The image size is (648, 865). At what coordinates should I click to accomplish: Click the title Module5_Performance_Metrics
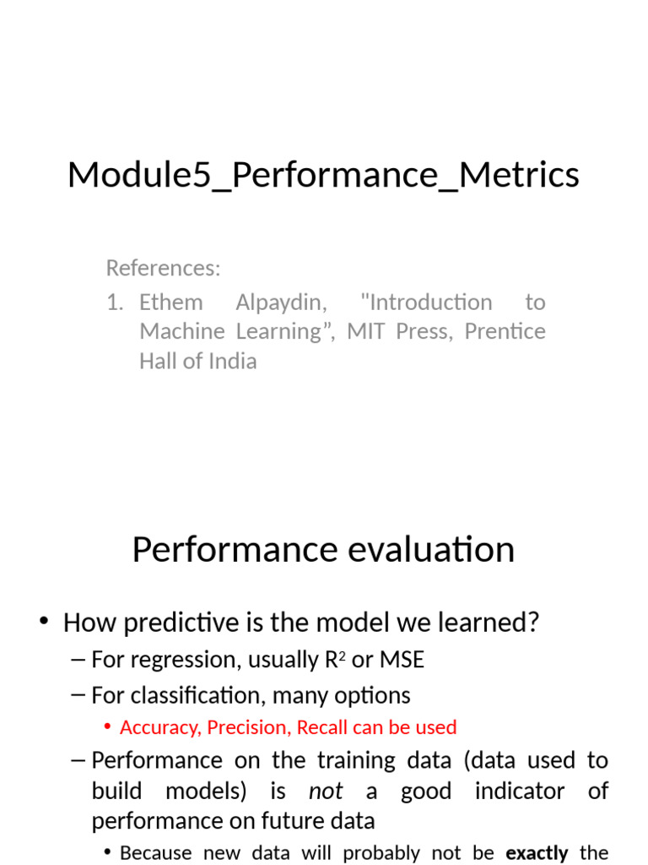323,176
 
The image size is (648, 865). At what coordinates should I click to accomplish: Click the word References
162,269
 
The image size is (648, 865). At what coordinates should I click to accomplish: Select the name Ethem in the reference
170,302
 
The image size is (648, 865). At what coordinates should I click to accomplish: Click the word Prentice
505,332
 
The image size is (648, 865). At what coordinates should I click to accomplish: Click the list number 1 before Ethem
115,302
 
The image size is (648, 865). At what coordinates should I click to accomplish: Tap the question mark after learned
532,623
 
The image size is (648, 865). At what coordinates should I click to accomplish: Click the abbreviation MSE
402,660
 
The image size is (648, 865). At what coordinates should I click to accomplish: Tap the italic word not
326,792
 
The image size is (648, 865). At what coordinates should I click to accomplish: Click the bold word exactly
537,853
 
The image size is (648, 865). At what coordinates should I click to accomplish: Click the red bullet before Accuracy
107,727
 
